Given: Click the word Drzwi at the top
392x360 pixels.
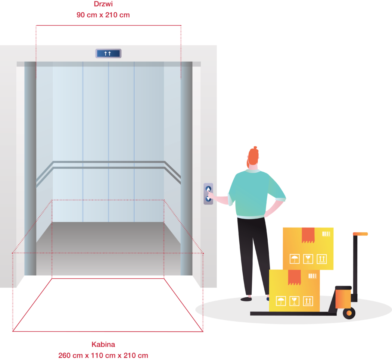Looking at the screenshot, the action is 103,4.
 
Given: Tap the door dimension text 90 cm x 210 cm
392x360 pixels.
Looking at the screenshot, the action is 103,15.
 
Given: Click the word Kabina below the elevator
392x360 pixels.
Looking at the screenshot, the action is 103,344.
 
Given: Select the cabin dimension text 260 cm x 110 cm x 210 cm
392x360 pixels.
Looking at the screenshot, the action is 103,356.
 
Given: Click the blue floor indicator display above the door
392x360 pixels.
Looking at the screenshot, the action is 108,53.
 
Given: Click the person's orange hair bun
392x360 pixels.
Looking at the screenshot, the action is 255,148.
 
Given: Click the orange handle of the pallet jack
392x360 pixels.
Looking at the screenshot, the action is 360,234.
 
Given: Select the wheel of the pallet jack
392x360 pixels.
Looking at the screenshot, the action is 349,313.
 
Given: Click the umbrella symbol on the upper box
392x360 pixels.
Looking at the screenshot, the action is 295,259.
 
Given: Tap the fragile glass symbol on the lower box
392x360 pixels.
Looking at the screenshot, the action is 294,301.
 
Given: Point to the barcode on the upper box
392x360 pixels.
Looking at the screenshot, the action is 326,234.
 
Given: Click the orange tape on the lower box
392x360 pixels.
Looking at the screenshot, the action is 294,277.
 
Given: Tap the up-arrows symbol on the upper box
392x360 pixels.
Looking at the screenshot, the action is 321,259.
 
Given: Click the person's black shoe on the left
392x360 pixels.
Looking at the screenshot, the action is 246,299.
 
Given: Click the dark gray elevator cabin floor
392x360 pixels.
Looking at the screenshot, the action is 108,248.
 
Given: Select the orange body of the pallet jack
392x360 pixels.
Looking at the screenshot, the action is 343,299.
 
